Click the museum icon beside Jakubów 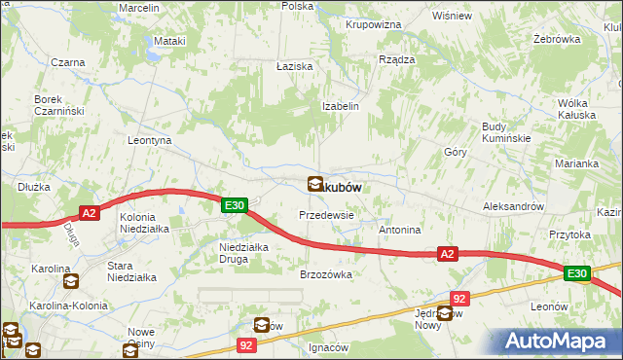tap(316, 183)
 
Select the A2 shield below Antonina tap(446, 254)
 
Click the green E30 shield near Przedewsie tap(234, 205)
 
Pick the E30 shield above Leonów tap(576, 275)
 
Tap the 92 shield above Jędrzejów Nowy tap(460, 298)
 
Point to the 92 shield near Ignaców tap(248, 344)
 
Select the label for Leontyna tap(150, 140)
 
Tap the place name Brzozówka tap(325, 274)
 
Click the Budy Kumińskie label tap(505, 132)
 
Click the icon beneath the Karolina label tap(71, 282)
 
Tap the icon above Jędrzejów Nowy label tap(445, 312)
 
